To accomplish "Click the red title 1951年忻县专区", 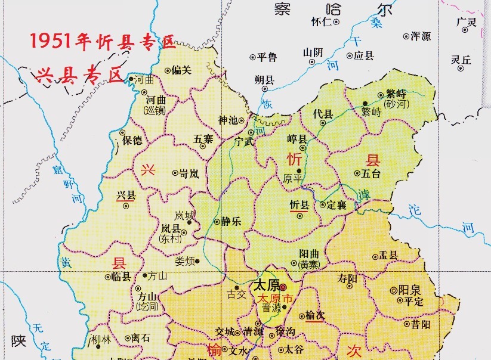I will [x=101, y=42].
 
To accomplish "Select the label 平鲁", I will [x=266, y=57].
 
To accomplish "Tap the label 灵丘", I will [x=461, y=60].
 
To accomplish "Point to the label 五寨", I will [x=203, y=139].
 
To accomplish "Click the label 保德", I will [x=132, y=141].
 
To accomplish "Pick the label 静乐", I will [x=231, y=222].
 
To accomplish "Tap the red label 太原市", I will [x=275, y=297].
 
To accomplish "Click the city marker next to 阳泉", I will [x=393, y=290].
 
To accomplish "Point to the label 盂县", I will [x=388, y=256].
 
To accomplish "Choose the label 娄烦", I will [x=184, y=260].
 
